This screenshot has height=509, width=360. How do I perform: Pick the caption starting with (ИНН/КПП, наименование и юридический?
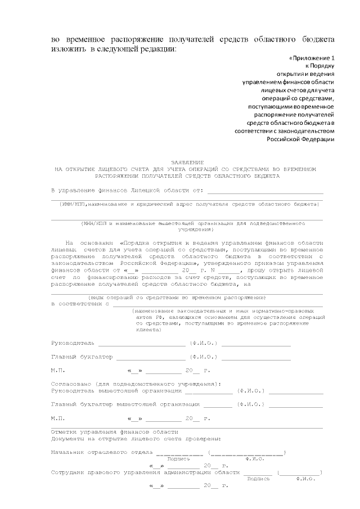pyautogui.click(x=189, y=204)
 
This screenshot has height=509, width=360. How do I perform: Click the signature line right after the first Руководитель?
pyautogui.click(x=141, y=344)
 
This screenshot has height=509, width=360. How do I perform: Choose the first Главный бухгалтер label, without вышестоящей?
pyautogui.click(x=82, y=357)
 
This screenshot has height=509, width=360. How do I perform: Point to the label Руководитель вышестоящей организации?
pyautogui.click(x=116, y=390)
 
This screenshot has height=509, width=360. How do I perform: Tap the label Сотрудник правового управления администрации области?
pyautogui.click(x=146, y=472)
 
